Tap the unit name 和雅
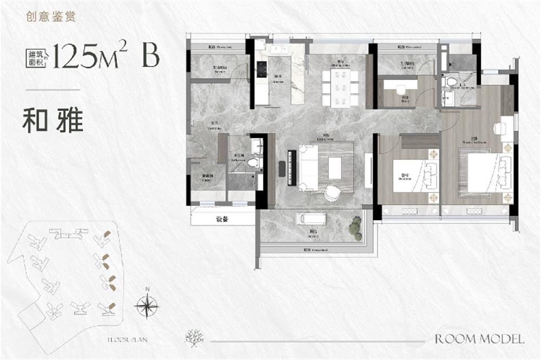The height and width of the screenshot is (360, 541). (x=52, y=121)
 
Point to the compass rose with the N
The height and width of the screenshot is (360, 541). (x=147, y=306)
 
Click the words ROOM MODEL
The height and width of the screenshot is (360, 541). (x=479, y=339)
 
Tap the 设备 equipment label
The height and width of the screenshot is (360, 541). (x=222, y=219)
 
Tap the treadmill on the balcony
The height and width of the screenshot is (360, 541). (x=310, y=218)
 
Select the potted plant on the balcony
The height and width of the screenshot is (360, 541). (x=355, y=228)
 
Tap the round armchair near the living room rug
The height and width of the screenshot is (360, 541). (x=332, y=193)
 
